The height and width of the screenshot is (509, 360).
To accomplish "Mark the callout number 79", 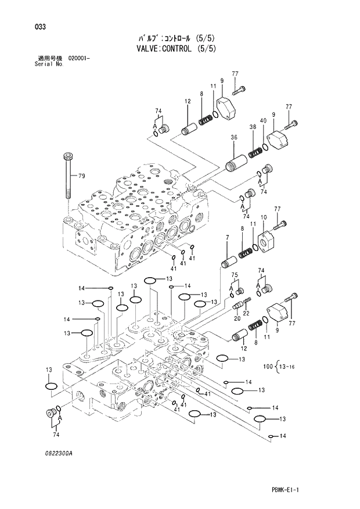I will pyautogui.click(x=82, y=176).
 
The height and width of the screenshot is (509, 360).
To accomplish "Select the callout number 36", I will pyautogui.click(x=234, y=138).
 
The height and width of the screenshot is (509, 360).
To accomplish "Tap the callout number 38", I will pyautogui.click(x=253, y=127).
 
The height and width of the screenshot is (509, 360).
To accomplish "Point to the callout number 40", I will pyautogui.click(x=263, y=120).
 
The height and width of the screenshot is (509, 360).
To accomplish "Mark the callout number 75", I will pyautogui.click(x=235, y=275).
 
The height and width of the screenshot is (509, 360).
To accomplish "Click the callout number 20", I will pyautogui.click(x=237, y=318).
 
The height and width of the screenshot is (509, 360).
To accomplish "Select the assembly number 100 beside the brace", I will pyautogui.click(x=267, y=366).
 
